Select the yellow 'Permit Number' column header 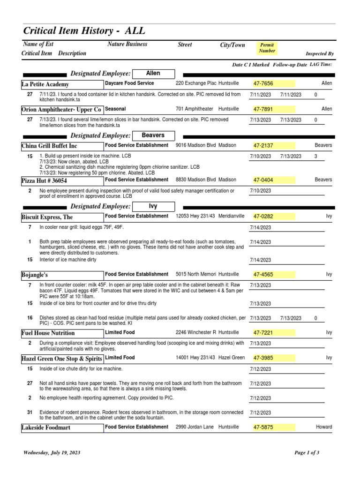click(x=267, y=48)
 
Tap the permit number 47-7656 click(x=263, y=83)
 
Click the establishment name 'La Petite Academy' click(x=45, y=84)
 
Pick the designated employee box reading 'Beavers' click(x=153, y=135)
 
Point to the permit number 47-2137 click(x=263, y=145)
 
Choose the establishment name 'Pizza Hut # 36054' click(x=45, y=180)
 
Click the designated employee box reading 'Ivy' click(x=153, y=206)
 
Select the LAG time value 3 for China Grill click(x=315, y=156)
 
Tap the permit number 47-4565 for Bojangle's click(x=263, y=274)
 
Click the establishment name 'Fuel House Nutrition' click(x=48, y=333)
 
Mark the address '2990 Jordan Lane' click(x=195, y=427)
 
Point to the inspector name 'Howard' click(x=323, y=427)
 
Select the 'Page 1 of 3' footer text click(x=307, y=453)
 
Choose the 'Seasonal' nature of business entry click(x=116, y=109)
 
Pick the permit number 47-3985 click(x=263, y=358)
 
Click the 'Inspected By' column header click(x=319, y=54)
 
